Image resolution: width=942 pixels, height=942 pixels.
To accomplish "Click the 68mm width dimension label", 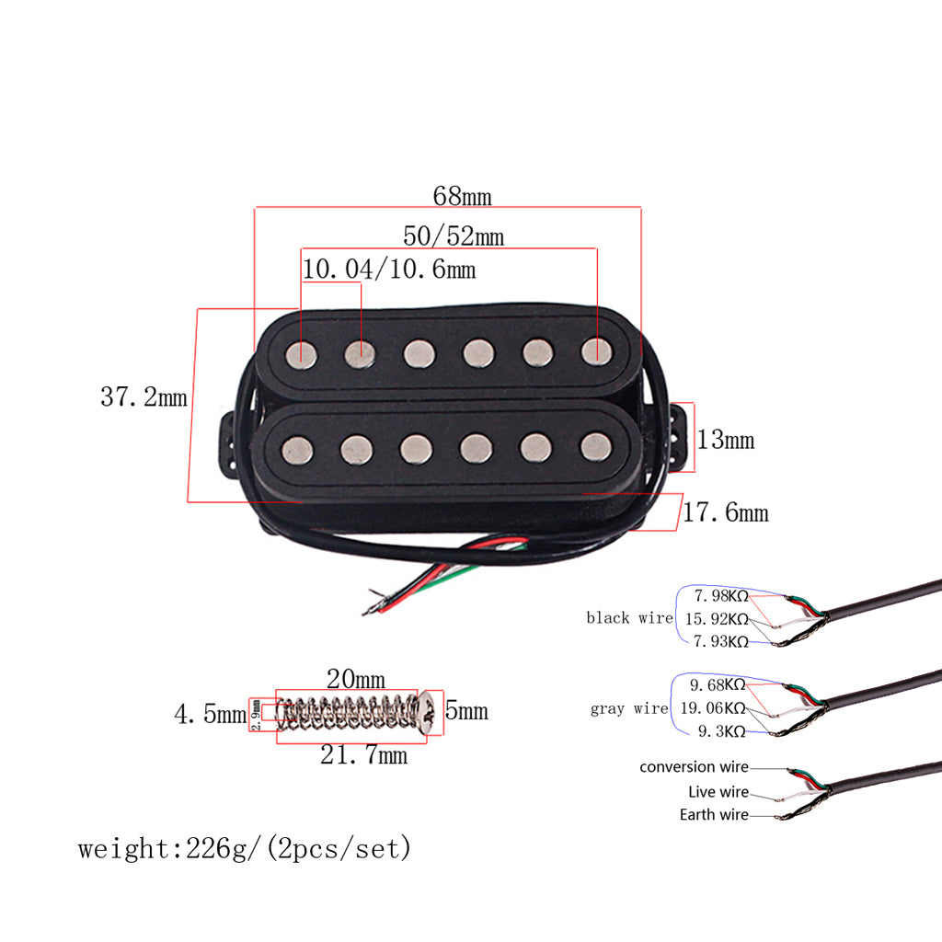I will pos(462,196).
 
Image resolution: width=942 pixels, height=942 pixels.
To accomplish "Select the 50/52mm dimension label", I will pos(454,235).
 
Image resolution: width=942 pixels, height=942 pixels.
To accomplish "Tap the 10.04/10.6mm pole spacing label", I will pos(389,270).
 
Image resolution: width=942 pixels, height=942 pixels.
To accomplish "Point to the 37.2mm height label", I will pos(143,397).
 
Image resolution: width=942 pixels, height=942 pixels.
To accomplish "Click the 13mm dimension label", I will pos(725,440).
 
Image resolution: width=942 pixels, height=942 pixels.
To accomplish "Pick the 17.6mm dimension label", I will pos(725,511).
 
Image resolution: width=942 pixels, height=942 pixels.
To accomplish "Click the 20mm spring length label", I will pos(355,679).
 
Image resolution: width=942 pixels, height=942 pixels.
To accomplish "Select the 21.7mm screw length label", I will pos(363,755).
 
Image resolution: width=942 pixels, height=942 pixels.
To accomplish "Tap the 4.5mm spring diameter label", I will pos(209,713).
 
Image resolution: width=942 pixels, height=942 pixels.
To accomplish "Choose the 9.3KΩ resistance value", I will pos(721,731).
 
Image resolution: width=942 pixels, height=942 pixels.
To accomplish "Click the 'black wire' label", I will pos(629,618).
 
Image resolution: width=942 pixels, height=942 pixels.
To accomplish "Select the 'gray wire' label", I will pos(629,709).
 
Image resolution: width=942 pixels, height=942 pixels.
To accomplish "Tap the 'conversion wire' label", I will pos(695,767).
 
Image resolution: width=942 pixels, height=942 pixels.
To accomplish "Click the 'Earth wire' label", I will pos(714,814).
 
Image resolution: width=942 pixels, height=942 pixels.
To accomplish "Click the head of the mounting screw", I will pos(428,711).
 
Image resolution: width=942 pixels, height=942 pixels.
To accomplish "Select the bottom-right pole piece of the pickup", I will pos(595,446).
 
